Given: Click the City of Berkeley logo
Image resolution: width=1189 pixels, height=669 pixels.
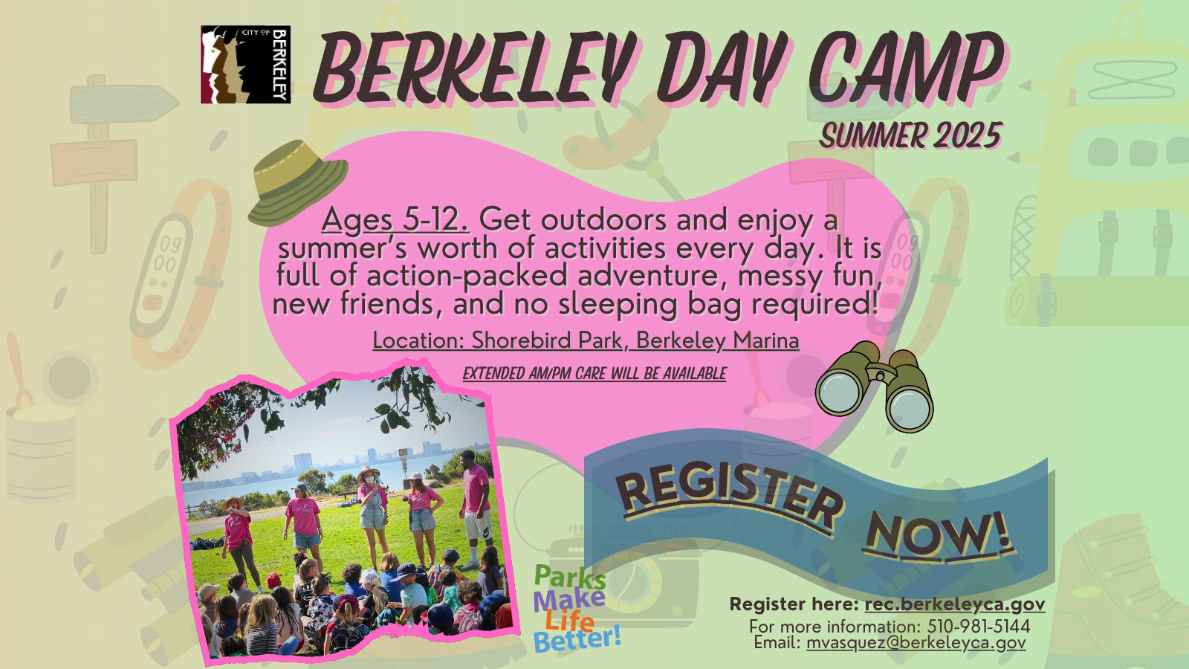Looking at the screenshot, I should pyautogui.click(x=245, y=65).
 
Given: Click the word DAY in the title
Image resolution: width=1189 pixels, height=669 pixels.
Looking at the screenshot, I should pyautogui.click(x=721, y=68).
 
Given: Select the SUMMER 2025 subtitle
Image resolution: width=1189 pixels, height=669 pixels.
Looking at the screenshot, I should pyautogui.click(x=911, y=136).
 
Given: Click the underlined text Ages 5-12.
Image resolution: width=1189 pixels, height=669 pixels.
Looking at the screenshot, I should pyautogui.click(x=395, y=219).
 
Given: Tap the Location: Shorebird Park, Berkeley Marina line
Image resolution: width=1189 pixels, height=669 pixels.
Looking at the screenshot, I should pyautogui.click(x=586, y=340).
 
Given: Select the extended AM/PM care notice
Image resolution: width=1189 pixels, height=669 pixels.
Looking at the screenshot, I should pyautogui.click(x=594, y=373).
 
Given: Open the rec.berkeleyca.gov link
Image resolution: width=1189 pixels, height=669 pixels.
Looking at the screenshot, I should pyautogui.click(x=954, y=604).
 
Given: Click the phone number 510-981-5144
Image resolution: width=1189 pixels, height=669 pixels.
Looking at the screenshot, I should pyautogui.click(x=978, y=626).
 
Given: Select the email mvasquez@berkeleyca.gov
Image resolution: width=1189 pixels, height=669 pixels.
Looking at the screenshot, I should pyautogui.click(x=916, y=642).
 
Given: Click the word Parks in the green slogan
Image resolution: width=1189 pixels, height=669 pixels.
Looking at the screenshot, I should pyautogui.click(x=569, y=577).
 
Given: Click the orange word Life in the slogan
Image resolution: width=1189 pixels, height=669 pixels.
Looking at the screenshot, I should pyautogui.click(x=569, y=620).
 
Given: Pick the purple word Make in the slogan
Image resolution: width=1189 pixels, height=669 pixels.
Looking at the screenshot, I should pyautogui.click(x=568, y=599).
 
